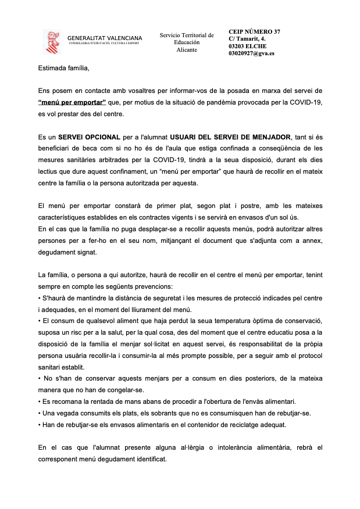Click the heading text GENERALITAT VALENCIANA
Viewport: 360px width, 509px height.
point(105,38)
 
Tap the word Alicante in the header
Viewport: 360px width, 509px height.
point(187,50)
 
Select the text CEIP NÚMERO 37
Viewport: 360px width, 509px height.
point(254,31)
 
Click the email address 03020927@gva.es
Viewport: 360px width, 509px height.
point(251,53)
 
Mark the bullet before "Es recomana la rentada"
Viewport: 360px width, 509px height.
point(39,402)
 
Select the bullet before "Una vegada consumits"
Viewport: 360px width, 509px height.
point(39,413)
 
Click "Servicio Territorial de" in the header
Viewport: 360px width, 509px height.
point(187,35)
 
